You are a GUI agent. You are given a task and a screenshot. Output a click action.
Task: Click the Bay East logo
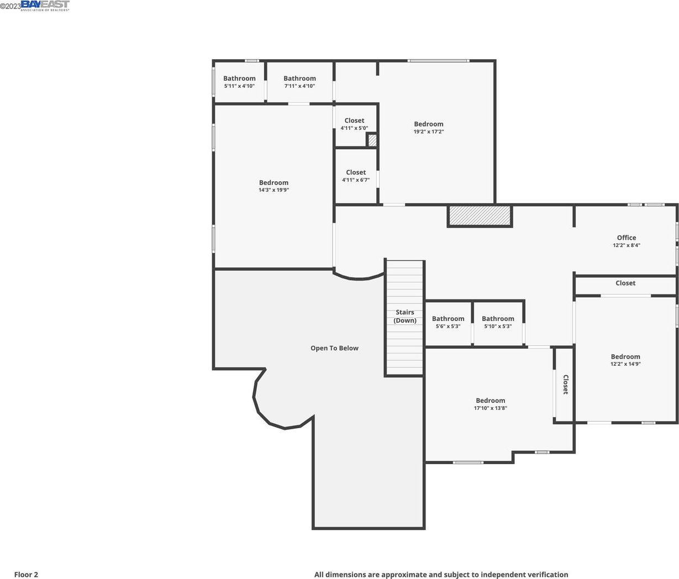(x=45, y=6)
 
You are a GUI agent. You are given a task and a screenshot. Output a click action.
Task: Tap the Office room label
(x=626, y=238)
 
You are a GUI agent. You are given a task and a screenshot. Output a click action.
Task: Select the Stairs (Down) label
(x=405, y=316)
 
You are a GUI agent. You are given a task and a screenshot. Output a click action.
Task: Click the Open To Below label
(x=334, y=348)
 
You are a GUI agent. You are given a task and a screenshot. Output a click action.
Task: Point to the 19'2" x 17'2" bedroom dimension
(x=428, y=131)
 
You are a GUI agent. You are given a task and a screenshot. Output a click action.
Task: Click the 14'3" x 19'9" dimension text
(x=273, y=190)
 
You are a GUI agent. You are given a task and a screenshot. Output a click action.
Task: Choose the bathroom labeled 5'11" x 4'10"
(x=239, y=82)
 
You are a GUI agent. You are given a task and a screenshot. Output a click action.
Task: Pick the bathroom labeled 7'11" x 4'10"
(x=299, y=82)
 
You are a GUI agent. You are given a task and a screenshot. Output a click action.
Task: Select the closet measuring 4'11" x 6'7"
(x=356, y=176)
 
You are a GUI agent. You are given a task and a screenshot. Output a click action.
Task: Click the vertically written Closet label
(x=566, y=385)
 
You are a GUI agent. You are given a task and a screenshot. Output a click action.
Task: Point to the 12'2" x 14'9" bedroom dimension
(x=625, y=364)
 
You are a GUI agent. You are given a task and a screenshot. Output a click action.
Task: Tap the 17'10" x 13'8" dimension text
(x=491, y=408)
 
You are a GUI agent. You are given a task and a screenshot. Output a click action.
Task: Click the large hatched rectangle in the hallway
(x=480, y=216)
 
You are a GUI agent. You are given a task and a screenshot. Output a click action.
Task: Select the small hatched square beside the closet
(x=372, y=140)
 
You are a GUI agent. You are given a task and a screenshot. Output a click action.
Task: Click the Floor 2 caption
(x=26, y=575)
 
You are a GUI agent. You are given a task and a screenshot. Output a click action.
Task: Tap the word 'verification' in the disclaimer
(x=550, y=575)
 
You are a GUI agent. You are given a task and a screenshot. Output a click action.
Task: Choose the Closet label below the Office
(x=625, y=283)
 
